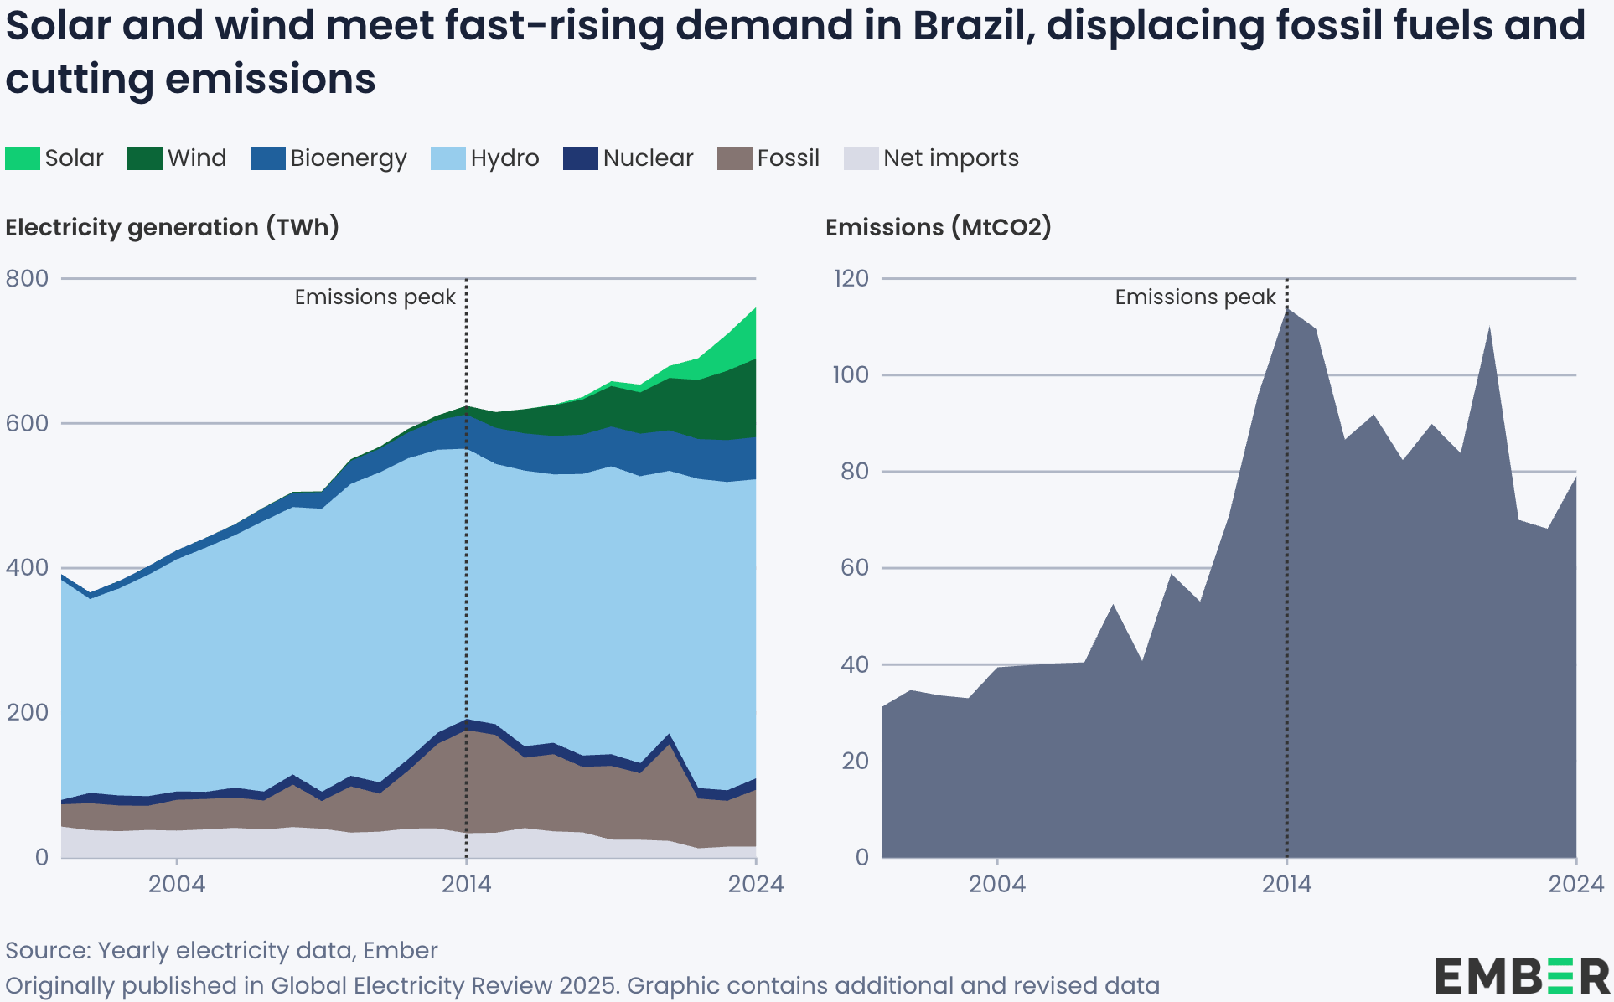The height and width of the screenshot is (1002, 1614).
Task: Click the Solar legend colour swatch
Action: [x=23, y=158]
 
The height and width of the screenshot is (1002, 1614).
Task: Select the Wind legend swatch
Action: [x=145, y=158]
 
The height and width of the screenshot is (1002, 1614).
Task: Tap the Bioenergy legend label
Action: [x=348, y=158]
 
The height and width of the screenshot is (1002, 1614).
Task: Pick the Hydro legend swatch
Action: [x=447, y=158]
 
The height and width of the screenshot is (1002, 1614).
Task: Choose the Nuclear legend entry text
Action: [x=648, y=158]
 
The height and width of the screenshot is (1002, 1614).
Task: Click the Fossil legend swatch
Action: [x=735, y=158]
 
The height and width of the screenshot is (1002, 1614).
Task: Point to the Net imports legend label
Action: [x=951, y=158]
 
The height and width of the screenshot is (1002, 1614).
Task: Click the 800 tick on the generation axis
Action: [x=28, y=278]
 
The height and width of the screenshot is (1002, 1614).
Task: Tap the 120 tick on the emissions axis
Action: [x=851, y=278]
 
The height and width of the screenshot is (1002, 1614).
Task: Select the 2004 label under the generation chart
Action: [x=177, y=885]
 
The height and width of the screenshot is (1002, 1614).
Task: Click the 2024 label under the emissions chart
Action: [x=1575, y=885]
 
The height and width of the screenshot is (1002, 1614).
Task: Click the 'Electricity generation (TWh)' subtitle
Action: [x=173, y=228]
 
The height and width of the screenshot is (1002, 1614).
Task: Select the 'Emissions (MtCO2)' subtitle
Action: [x=938, y=228]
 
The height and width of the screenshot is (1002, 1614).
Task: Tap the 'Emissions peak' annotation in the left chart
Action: [x=375, y=297]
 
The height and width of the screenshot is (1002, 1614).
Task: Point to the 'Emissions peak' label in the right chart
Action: [x=1195, y=297]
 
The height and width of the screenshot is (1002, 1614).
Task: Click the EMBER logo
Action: [x=1522, y=977]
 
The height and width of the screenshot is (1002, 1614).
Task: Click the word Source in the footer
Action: [x=47, y=951]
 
